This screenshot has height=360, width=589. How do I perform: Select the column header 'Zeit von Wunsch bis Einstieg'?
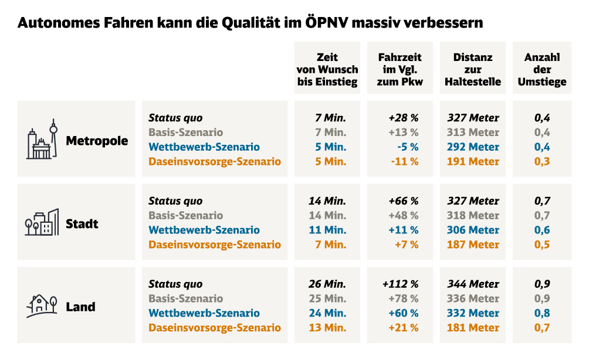tap(327, 70)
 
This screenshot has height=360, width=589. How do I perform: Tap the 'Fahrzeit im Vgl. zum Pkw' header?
tap(400, 70)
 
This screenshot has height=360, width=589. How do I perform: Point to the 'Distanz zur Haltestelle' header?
tap(473, 70)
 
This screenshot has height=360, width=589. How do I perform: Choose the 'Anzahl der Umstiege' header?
tap(542, 70)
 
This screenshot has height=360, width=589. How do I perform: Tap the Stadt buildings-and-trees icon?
tap(42, 223)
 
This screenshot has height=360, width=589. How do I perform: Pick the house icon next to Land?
tap(42, 305)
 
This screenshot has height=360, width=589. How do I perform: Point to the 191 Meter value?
tap(473, 161)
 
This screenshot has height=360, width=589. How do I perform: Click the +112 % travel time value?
tap(400, 284)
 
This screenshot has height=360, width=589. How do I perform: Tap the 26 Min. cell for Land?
tap(327, 284)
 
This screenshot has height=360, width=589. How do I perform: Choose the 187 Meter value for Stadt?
tap(473, 244)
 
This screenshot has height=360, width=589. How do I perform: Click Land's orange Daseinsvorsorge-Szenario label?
tap(215, 328)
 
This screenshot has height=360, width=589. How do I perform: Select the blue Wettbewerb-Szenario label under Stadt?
tap(204, 230)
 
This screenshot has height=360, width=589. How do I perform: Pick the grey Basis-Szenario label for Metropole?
tap(186, 133)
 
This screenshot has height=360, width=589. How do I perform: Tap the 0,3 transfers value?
tap(542, 161)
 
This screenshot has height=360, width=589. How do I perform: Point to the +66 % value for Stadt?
tap(404, 201)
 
